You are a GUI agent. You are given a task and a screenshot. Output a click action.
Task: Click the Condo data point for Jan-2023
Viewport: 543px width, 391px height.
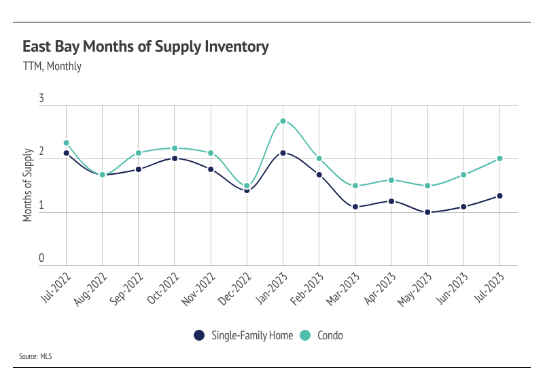(x=283, y=121)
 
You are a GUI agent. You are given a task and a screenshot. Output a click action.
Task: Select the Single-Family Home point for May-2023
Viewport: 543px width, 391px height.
(x=427, y=212)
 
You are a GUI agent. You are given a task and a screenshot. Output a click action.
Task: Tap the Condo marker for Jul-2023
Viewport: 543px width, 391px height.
(x=500, y=158)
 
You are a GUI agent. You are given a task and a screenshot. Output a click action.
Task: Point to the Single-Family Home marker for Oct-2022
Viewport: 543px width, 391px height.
(x=175, y=158)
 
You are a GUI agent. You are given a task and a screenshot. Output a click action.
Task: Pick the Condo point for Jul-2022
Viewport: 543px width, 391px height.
(x=67, y=143)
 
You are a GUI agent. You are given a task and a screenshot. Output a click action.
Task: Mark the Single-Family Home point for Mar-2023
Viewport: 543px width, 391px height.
(x=355, y=207)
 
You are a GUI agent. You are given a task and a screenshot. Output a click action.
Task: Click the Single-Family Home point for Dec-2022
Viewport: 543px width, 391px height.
(x=247, y=190)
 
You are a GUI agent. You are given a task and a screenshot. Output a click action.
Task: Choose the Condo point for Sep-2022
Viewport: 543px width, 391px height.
(x=139, y=153)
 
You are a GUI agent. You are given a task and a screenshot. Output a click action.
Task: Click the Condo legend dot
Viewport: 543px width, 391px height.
(x=305, y=335)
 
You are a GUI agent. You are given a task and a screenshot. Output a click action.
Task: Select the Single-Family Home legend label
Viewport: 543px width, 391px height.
(x=252, y=335)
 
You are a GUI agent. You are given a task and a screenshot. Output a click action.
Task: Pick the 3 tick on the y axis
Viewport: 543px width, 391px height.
(x=41, y=99)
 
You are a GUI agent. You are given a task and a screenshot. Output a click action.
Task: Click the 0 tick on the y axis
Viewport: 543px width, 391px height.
(x=41, y=259)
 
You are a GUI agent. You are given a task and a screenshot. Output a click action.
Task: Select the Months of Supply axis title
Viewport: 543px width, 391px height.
(x=29, y=184)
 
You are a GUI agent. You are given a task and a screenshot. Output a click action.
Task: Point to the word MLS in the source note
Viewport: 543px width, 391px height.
(x=46, y=356)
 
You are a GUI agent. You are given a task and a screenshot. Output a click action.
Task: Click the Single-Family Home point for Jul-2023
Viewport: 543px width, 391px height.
(x=500, y=196)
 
